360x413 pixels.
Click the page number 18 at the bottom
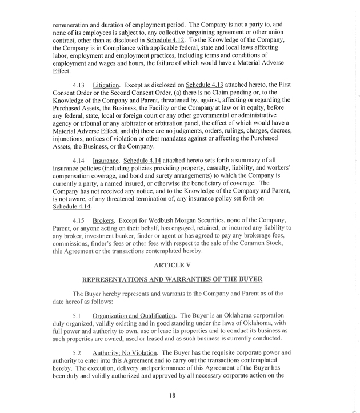(x=172, y=396)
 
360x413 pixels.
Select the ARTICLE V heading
(x=172, y=265)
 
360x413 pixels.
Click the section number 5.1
(x=78, y=315)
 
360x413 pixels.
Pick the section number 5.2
(x=78, y=353)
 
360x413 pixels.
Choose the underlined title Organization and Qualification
(x=134, y=315)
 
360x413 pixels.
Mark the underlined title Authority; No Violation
(x=125, y=353)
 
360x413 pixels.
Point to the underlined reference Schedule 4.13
(x=206, y=85)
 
